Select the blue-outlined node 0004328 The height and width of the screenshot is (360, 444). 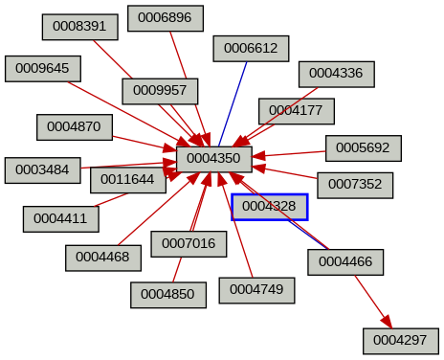269,206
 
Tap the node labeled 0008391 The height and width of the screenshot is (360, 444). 79,27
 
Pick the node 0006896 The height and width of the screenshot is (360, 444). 165,18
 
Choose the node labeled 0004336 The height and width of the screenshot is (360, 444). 336,74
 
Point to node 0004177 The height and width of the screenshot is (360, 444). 296,110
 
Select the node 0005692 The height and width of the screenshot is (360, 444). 363,148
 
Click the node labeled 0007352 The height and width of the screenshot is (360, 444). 355,184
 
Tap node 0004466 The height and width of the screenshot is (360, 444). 345,261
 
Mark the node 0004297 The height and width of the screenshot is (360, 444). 400,340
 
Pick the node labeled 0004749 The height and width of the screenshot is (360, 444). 256,289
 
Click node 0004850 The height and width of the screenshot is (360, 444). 168,295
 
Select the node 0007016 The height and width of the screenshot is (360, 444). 189,244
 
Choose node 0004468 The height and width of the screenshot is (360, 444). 103,257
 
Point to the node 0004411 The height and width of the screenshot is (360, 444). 60,218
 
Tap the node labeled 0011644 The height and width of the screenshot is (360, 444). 127,179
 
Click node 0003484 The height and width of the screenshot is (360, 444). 43,169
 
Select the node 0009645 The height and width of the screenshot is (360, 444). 43,69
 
